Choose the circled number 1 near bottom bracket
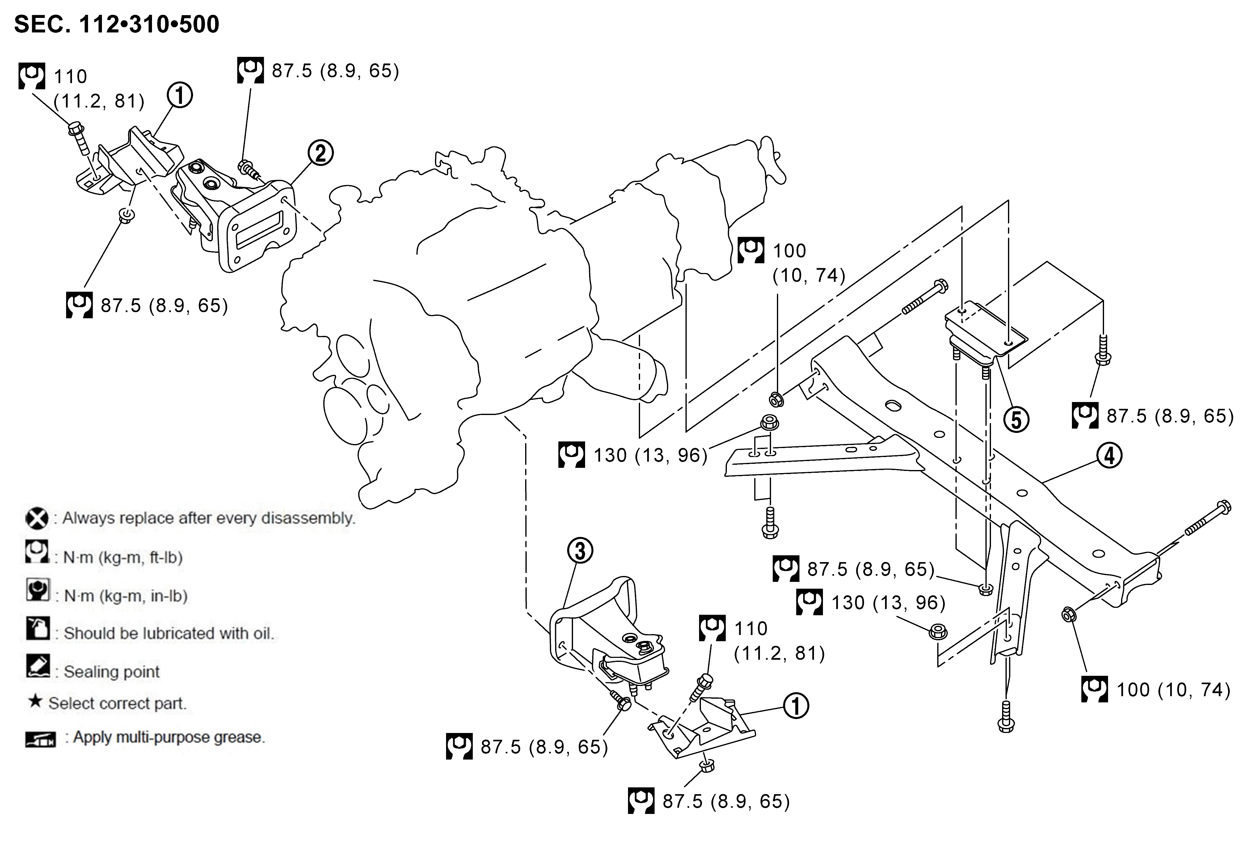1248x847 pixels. [x=796, y=706]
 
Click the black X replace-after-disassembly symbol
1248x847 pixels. [x=36, y=518]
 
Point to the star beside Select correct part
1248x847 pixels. [x=35, y=701]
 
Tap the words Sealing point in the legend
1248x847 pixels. [x=112, y=671]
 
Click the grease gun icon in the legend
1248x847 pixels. [x=40, y=739]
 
